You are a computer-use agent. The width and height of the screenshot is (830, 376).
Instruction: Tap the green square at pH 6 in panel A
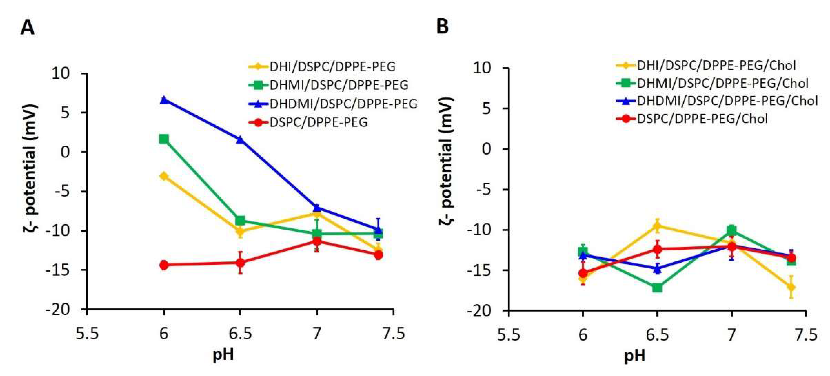tap(164, 139)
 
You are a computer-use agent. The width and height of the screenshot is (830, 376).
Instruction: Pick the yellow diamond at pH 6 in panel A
tap(164, 176)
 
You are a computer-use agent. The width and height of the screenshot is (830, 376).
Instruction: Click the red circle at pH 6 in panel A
tap(164, 265)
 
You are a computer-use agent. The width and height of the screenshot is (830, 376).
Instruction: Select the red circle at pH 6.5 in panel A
tap(240, 262)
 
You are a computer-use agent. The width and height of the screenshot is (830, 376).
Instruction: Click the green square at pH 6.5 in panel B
tap(657, 288)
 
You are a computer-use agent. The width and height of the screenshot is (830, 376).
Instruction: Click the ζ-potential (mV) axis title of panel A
tap(31, 167)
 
